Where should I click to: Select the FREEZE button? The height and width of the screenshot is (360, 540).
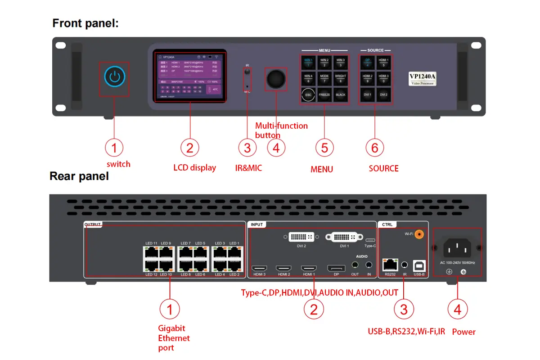324,95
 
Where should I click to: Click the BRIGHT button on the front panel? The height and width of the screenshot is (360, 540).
341,78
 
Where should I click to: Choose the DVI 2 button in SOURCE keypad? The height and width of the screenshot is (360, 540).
383,95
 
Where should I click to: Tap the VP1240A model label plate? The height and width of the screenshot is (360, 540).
423,79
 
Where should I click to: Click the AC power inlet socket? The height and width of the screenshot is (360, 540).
457,248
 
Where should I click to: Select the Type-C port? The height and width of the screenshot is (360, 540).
370,240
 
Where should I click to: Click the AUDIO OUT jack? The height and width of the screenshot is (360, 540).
355,265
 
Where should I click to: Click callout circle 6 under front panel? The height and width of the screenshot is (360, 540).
375,148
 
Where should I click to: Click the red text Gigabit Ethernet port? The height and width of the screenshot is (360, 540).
174,338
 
